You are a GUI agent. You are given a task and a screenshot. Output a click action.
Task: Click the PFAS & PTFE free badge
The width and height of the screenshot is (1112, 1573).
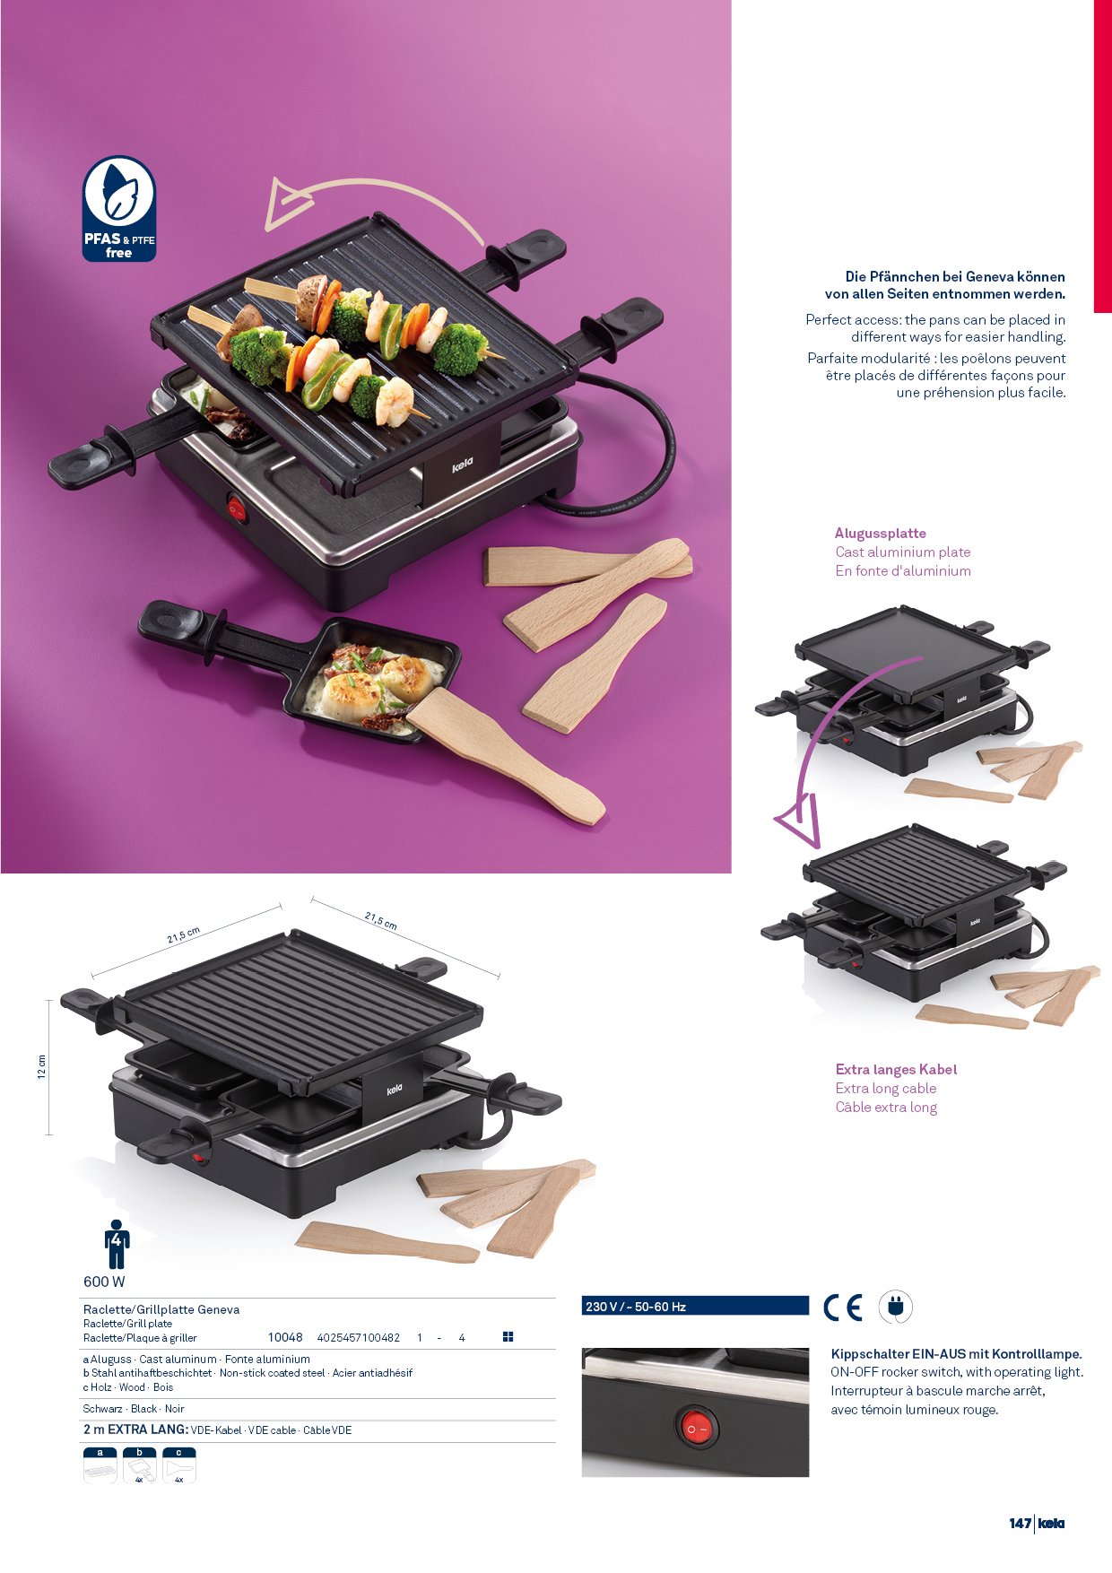119,209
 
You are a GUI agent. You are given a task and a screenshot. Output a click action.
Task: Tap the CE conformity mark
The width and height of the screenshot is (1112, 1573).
843,1308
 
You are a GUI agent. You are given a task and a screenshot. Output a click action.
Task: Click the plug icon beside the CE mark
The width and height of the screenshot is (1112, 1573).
895,1307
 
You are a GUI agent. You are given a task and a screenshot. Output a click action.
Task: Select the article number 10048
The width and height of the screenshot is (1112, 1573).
285,1337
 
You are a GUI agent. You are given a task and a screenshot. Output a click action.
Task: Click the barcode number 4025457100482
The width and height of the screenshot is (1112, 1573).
359,1338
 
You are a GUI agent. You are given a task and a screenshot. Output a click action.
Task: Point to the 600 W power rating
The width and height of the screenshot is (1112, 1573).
104,1282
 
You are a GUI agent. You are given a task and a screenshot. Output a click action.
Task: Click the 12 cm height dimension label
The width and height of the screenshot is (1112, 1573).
41,1067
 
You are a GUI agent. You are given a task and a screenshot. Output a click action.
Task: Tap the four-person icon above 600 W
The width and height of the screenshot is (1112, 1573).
117,1244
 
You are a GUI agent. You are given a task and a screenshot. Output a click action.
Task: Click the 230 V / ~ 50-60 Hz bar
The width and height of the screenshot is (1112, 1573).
695,1306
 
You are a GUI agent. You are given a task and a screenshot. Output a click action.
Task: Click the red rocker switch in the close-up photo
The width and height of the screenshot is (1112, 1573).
697,1428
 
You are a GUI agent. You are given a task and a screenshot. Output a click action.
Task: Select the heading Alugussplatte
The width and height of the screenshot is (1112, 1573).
881,534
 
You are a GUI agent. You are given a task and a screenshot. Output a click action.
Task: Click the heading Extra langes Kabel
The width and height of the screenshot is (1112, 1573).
896,1069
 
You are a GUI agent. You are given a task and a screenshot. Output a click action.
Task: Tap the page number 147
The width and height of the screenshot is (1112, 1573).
1020,1523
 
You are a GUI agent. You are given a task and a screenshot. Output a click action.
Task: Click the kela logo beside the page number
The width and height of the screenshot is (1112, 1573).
1051,1523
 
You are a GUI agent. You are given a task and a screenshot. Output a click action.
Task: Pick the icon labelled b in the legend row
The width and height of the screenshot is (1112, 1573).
140,1465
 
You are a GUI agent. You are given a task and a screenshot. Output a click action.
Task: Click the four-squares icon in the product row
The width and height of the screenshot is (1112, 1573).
508,1337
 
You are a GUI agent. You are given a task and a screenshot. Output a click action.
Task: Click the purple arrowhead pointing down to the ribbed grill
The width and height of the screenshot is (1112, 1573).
800,822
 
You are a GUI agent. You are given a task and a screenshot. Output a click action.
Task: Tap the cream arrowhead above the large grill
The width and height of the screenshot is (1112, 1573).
285,204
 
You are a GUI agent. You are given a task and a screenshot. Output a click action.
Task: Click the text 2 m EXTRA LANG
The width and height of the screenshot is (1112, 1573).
135,1430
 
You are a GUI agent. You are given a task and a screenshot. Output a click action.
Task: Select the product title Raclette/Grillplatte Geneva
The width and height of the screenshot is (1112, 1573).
161,1309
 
